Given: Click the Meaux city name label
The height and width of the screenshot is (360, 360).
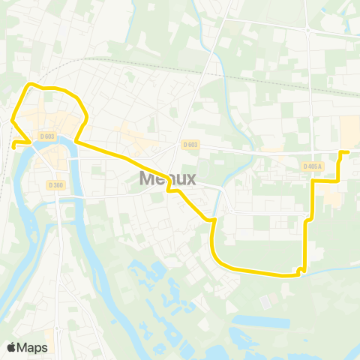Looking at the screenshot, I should (x=168, y=178).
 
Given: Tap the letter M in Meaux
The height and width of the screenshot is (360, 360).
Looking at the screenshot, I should (x=148, y=178).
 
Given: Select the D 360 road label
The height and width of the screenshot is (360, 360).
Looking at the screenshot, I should (x=55, y=184).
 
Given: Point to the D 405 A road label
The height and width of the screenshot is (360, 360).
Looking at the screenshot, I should (x=313, y=166).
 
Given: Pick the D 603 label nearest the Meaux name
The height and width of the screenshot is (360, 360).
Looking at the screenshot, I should (x=190, y=145).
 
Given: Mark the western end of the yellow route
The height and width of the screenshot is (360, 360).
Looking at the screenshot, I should (x=13, y=146).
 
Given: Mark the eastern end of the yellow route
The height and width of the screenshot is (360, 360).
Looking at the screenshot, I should (x=347, y=152).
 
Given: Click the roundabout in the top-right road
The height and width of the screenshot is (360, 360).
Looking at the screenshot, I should (x=307, y=30).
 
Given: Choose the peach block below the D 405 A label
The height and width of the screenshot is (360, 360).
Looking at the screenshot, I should (x=330, y=196).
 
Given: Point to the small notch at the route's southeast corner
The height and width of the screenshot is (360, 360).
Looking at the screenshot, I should (x=301, y=269).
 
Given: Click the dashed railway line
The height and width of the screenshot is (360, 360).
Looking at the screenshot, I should (x=150, y=66).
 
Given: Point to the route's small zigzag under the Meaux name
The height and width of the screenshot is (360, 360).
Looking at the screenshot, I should (x=174, y=190).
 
